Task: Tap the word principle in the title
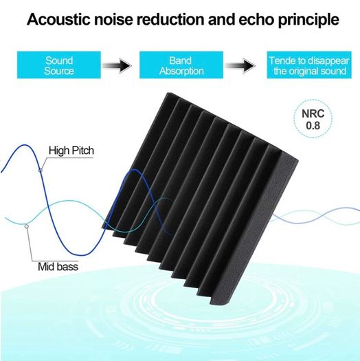pyautogui.click(x=308, y=20)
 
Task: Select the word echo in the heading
pyautogui.click(x=256, y=19)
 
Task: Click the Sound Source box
pyautogui.click(x=59, y=65)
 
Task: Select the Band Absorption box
pyautogui.click(x=181, y=65)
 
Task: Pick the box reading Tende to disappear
pyautogui.click(x=309, y=65)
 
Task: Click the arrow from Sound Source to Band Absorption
pyautogui.click(x=117, y=66)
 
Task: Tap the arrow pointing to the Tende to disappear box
pyautogui.click(x=240, y=66)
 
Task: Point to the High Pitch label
pyautogui.click(x=71, y=151)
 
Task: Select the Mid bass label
pyautogui.click(x=58, y=267)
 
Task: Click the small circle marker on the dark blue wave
pyautogui.click(x=41, y=170)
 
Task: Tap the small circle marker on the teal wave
pyautogui.click(x=27, y=226)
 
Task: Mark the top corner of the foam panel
pyautogui.click(x=168, y=93)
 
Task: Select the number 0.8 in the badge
pyautogui.click(x=313, y=126)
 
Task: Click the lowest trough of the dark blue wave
pyautogui.click(x=83, y=255)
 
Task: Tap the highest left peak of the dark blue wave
pyautogui.click(x=25, y=145)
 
